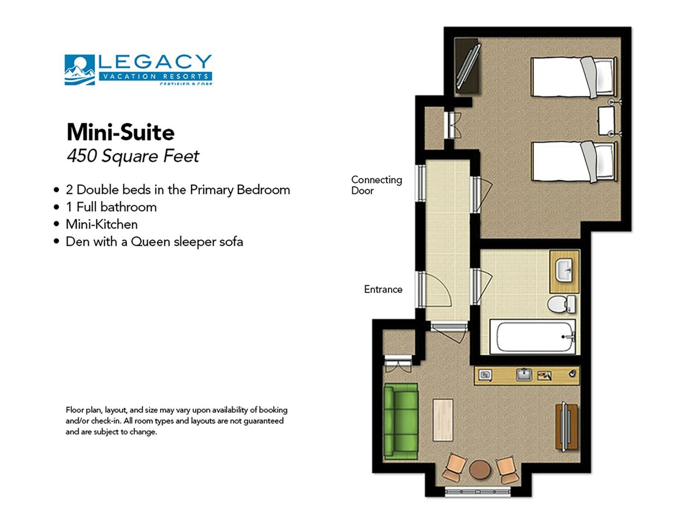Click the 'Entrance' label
[383, 289]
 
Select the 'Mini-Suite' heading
[120, 132]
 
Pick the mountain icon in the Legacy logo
[79, 70]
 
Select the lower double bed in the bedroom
[573, 162]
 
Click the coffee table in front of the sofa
[443, 420]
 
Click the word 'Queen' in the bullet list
[150, 242]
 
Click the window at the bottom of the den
[477, 492]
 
